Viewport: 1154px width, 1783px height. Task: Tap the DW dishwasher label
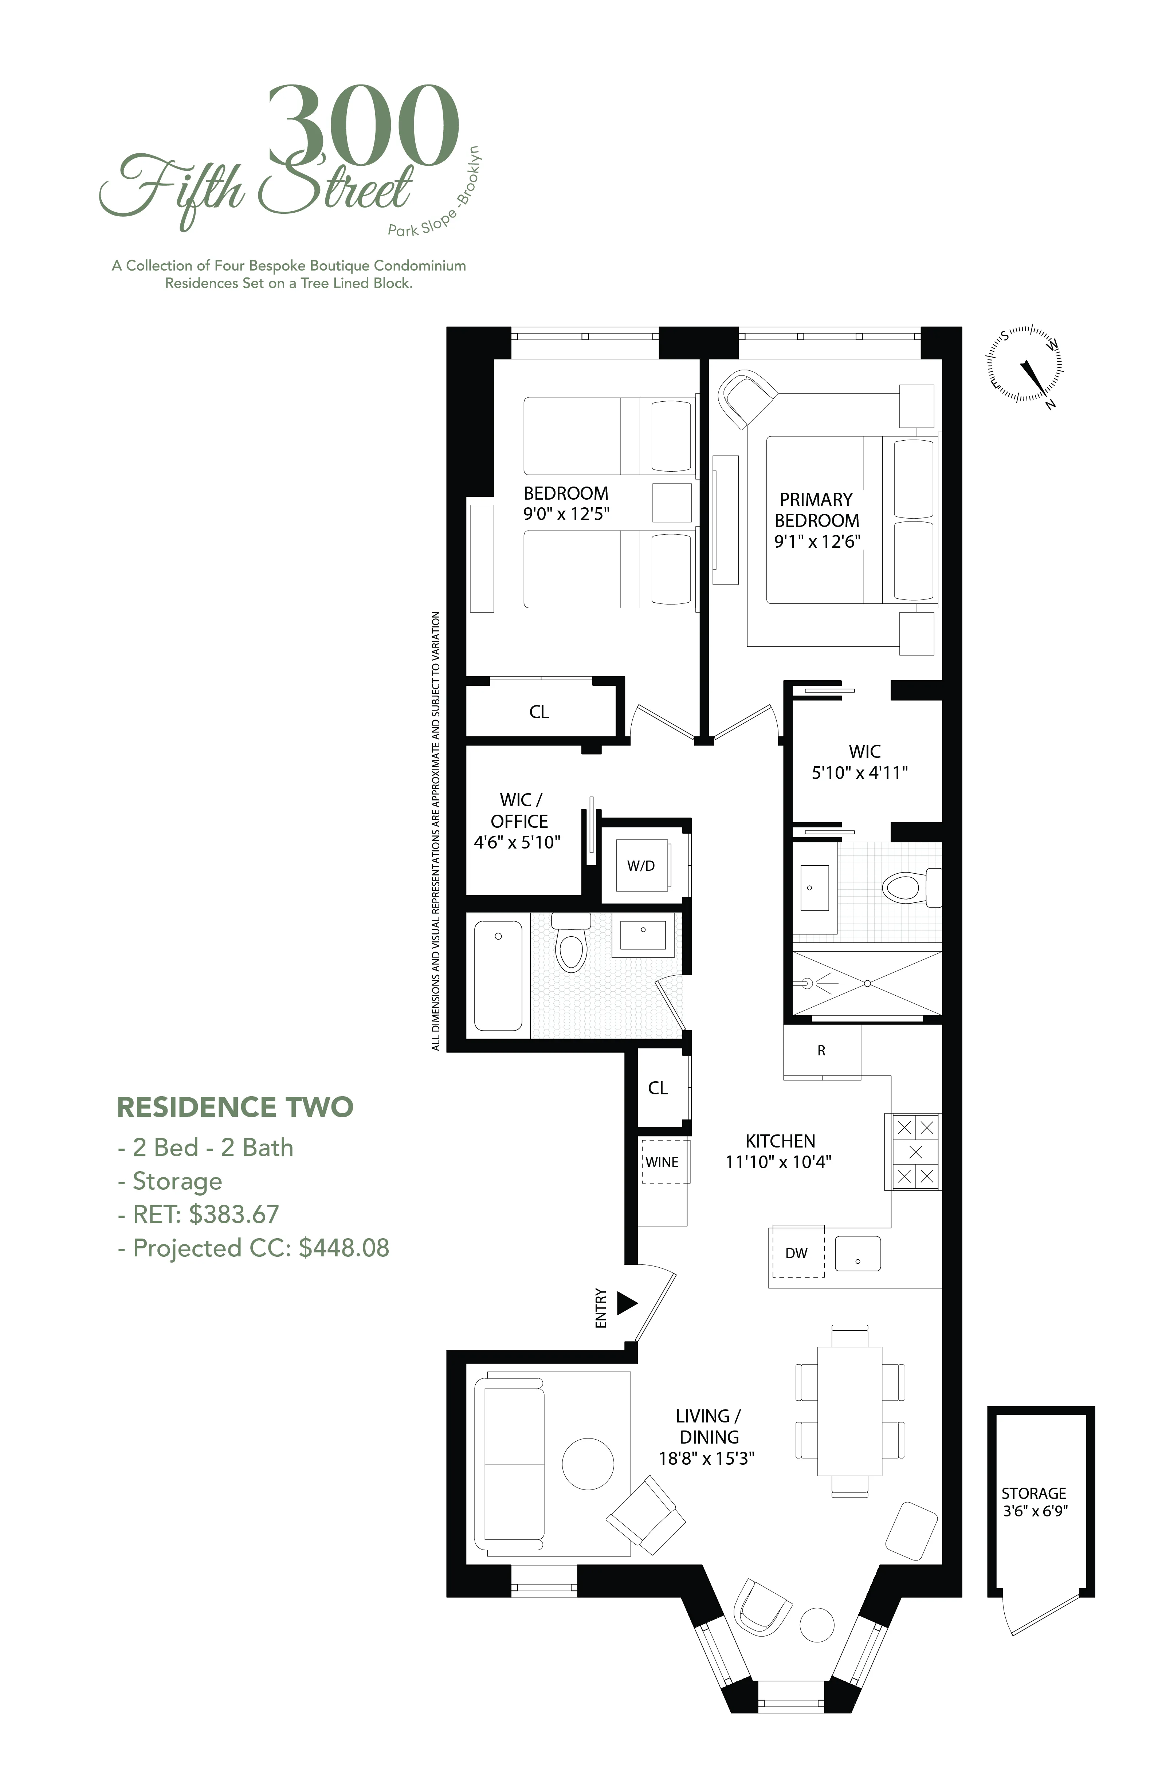(x=797, y=1253)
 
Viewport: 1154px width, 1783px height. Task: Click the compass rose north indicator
(x=1050, y=405)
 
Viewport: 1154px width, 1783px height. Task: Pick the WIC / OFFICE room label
(x=518, y=811)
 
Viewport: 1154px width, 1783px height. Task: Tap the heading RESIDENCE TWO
(x=235, y=1107)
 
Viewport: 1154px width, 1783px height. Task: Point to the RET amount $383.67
(x=233, y=1215)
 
